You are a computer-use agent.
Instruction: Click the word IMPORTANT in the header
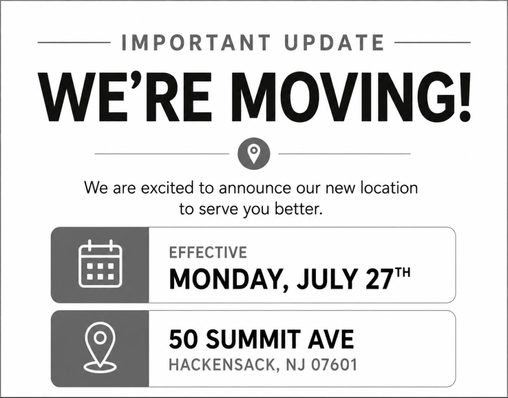[x=195, y=43]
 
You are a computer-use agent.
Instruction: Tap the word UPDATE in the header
[x=334, y=43]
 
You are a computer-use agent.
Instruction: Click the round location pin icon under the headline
[x=254, y=154]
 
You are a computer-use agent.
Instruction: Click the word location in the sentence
[x=389, y=188]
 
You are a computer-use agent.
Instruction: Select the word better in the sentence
[x=299, y=209]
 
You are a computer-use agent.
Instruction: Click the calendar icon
[x=100, y=264]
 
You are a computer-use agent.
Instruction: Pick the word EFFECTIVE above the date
[x=208, y=253]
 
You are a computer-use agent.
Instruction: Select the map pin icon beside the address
[x=100, y=347]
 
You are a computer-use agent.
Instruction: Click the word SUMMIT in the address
[x=253, y=339]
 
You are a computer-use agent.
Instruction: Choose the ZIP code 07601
[x=334, y=364]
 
